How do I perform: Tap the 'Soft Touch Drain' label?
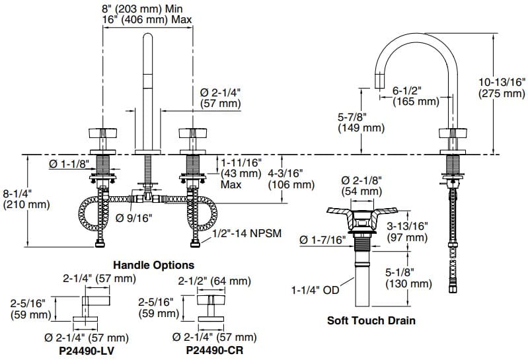click(371, 321)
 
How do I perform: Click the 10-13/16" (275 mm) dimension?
click(502, 88)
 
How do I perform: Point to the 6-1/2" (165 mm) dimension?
click(416, 96)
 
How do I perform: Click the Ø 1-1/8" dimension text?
click(69, 164)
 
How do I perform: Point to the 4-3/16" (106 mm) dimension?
click(291, 179)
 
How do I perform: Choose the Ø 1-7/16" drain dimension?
click(322, 240)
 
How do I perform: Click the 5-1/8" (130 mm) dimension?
click(408, 278)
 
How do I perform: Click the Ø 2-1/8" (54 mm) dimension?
click(361, 186)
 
